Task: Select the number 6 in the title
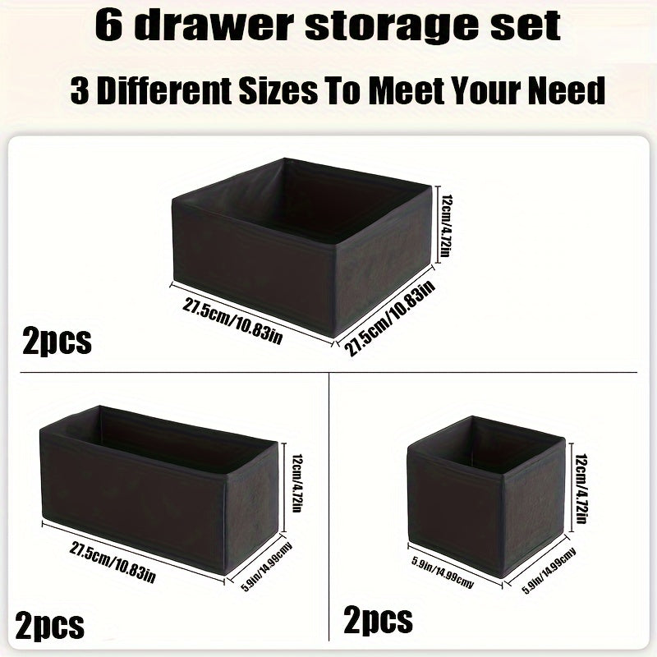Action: (x=109, y=26)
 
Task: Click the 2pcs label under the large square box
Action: (x=57, y=339)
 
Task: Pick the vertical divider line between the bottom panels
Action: (x=329, y=509)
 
